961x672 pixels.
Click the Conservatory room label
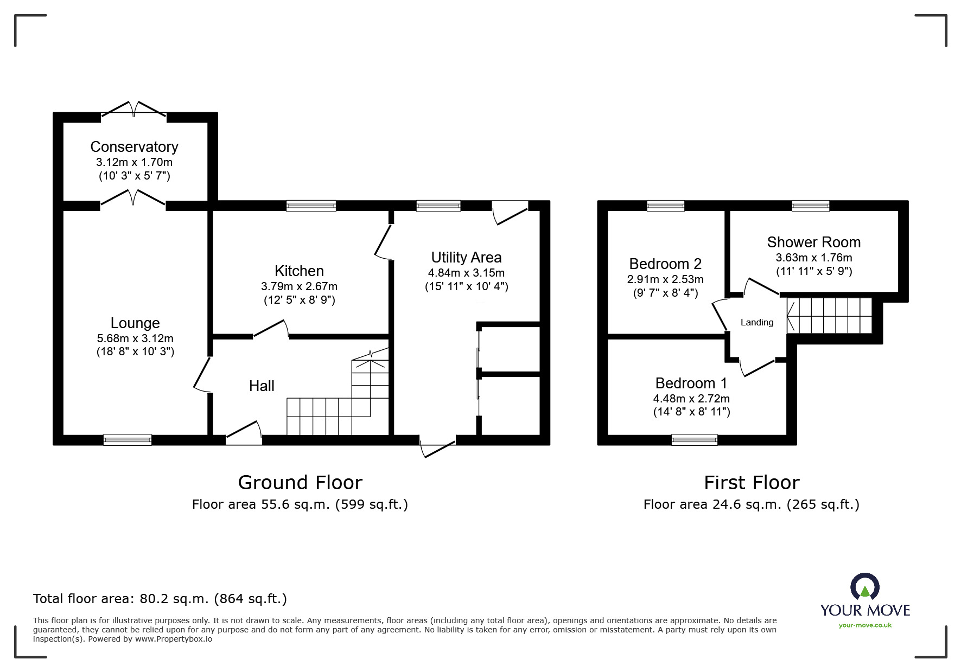[x=134, y=147]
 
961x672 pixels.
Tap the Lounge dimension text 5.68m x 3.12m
[x=135, y=338]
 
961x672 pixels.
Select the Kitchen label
[x=299, y=271]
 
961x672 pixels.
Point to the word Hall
[x=262, y=386]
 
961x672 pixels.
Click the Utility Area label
[x=466, y=258]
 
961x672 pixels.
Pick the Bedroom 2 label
[x=665, y=264]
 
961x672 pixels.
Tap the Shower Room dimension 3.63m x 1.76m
[x=813, y=258]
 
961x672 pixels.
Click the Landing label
[x=757, y=323]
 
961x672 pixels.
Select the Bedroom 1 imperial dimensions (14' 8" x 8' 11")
[x=691, y=412]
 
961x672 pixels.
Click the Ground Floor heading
[x=300, y=483]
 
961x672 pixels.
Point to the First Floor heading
[x=752, y=483]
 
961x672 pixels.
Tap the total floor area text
[x=160, y=599]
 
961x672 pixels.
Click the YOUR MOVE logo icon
[x=864, y=587]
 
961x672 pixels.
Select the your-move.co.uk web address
[x=865, y=625]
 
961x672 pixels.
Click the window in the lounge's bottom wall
[x=128, y=440]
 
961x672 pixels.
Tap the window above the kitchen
[x=311, y=206]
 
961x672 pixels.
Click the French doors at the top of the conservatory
[x=134, y=109]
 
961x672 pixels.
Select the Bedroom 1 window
[x=694, y=440]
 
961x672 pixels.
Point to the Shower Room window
[x=810, y=206]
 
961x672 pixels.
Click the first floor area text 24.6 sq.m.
[x=752, y=505]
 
